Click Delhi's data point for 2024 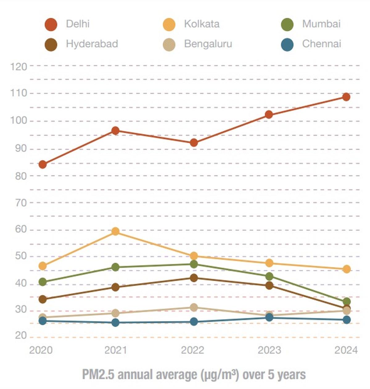(x=346, y=97)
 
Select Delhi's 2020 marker (x=43, y=165)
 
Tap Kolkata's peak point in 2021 (x=115, y=231)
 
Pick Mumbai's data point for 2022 (x=194, y=264)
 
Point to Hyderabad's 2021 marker (x=115, y=287)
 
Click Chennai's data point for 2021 (x=115, y=323)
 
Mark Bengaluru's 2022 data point (x=194, y=307)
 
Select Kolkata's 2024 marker (x=346, y=269)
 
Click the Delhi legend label (x=78, y=24)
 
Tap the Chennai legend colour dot (x=287, y=44)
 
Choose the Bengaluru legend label (x=208, y=44)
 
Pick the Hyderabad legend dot (x=51, y=44)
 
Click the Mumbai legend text (x=321, y=24)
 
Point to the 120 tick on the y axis (x=18, y=66)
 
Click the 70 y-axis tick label (x=21, y=203)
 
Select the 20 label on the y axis (x=21, y=336)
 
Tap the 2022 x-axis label (x=192, y=350)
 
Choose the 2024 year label (x=346, y=350)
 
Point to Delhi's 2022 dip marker (x=194, y=143)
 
